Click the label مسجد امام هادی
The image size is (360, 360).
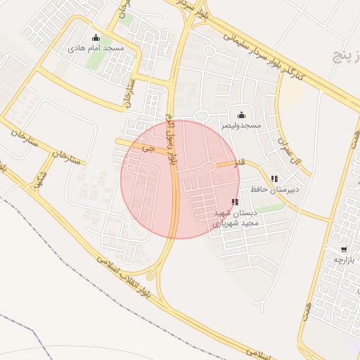[96, 49]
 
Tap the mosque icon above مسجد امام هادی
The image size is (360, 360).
[96, 38]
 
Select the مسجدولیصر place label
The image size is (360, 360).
[241, 125]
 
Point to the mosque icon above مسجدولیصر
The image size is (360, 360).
[242, 115]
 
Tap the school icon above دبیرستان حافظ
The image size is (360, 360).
[274, 179]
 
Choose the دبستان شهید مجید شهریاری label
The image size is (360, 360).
[236, 217]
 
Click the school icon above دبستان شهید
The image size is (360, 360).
[234, 202]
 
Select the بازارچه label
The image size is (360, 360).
[344, 260]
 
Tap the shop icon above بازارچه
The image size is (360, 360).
[343, 250]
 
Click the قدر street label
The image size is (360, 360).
[239, 163]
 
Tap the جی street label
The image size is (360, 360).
[146, 148]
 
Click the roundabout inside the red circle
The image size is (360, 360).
[209, 166]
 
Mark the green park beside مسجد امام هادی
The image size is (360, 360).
[95, 60]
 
